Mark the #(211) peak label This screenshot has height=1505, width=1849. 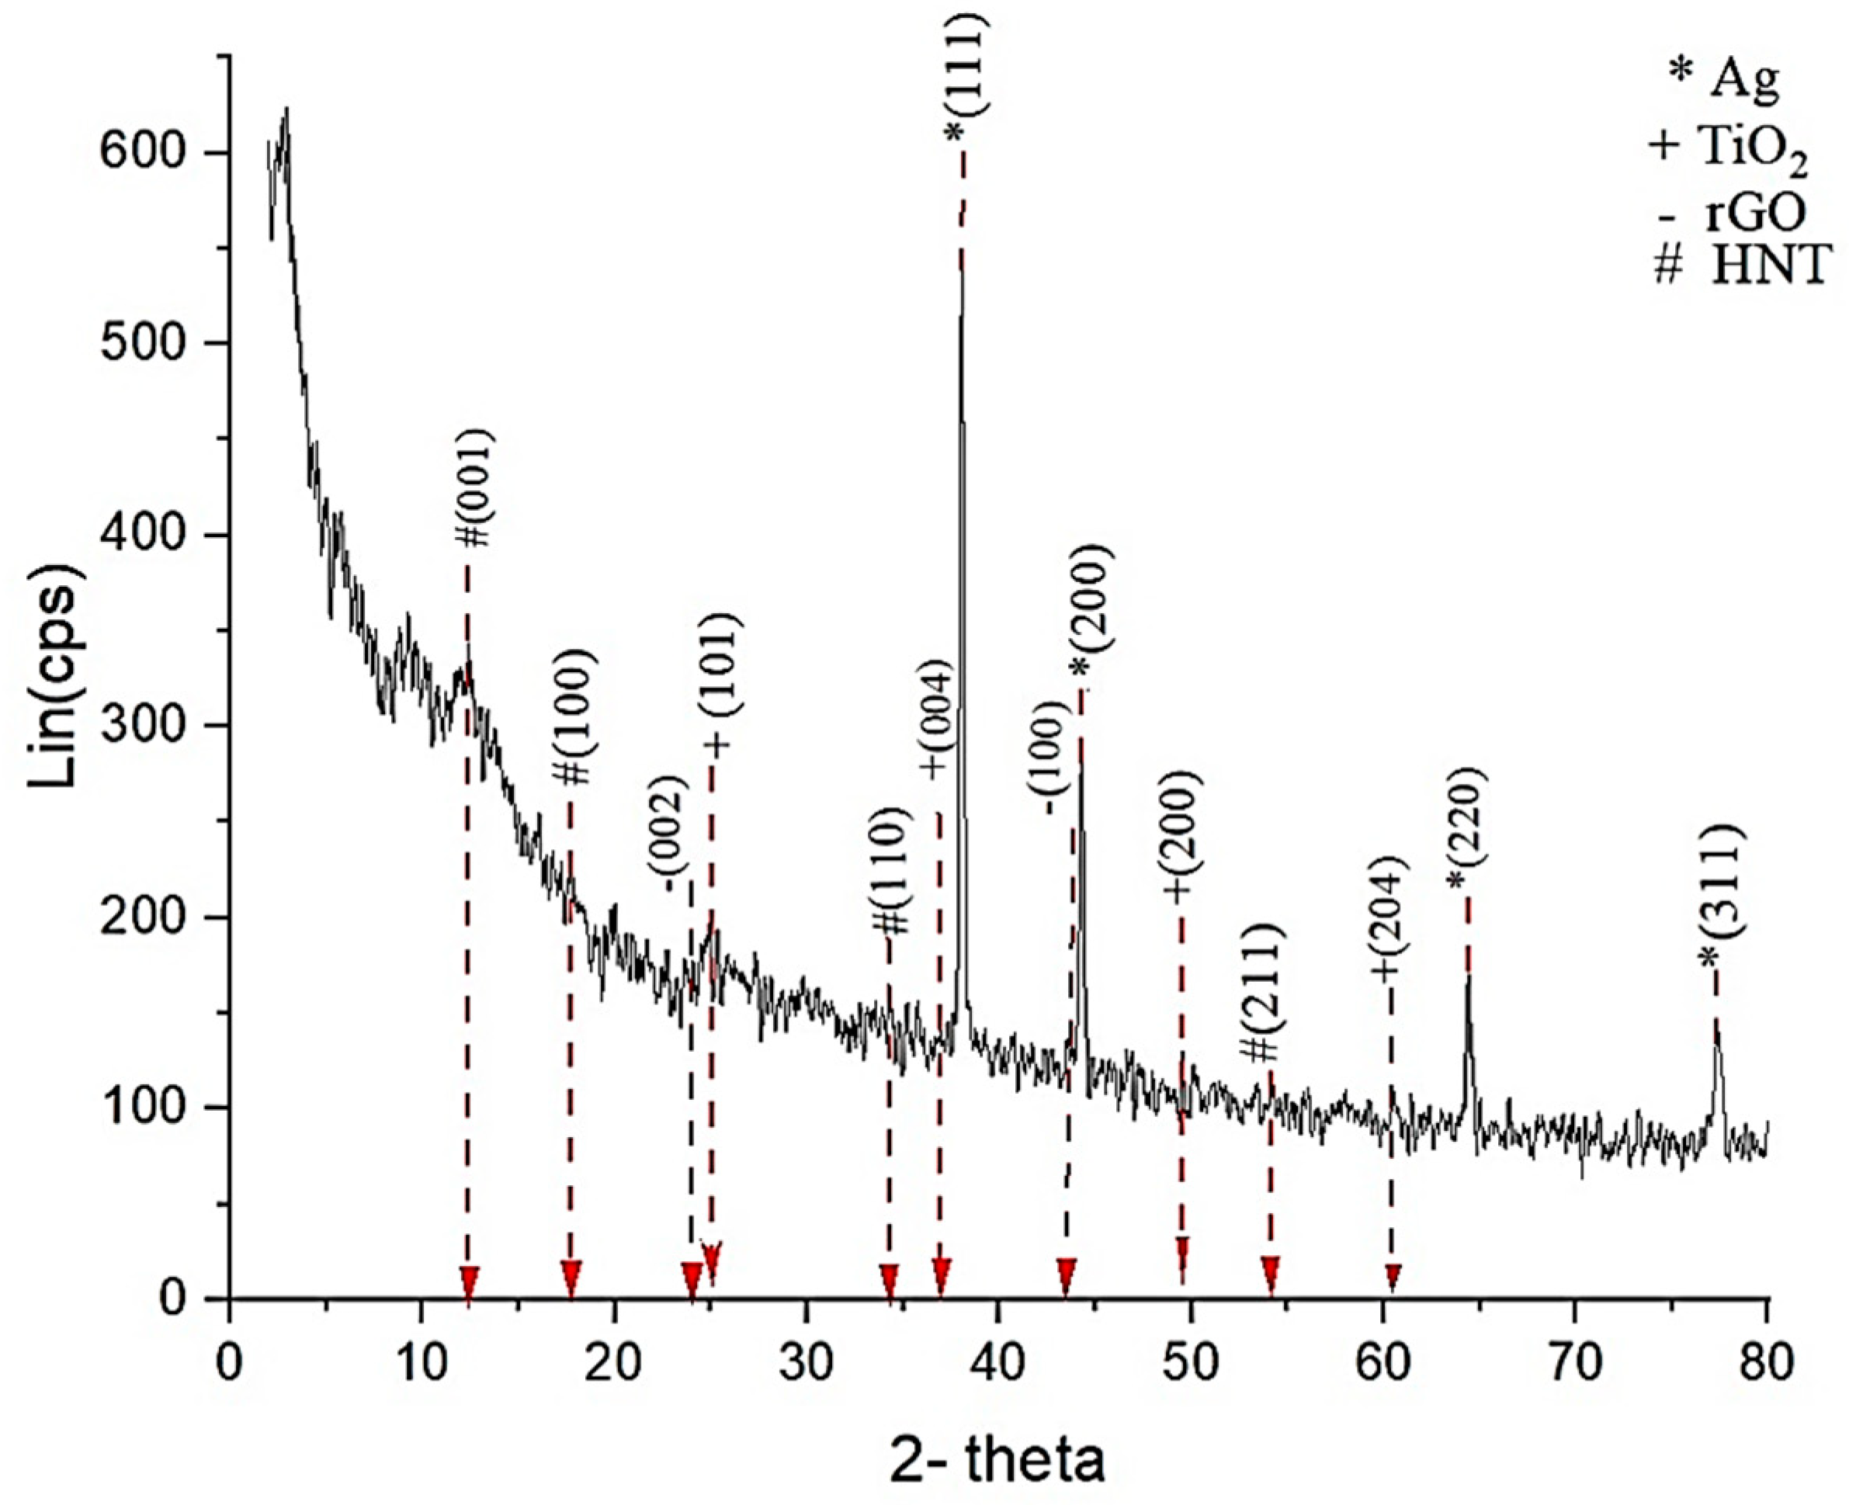pos(1263,993)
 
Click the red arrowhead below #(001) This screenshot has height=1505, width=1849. pos(469,1282)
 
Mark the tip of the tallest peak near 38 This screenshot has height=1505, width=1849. pos(961,251)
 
